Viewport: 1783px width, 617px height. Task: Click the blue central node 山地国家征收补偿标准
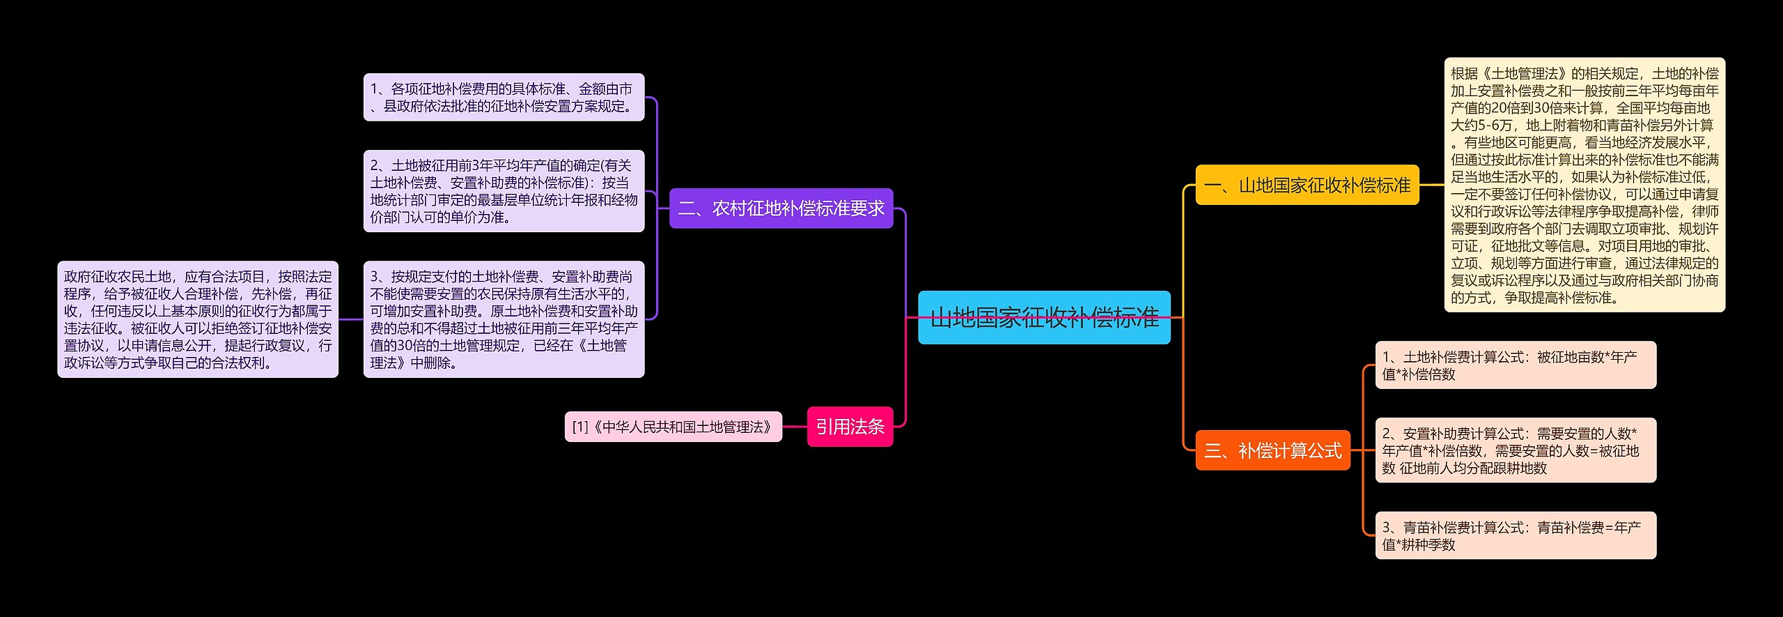tap(1043, 318)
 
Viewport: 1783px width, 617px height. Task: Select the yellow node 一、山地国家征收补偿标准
tap(1307, 185)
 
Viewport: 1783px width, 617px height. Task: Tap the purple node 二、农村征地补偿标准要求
tap(781, 208)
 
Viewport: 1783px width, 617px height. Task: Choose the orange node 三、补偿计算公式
tap(1272, 451)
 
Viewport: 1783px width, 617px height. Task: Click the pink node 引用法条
tap(850, 427)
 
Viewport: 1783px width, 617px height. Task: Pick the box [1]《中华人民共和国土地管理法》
tap(673, 427)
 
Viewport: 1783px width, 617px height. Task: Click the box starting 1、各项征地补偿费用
tap(504, 98)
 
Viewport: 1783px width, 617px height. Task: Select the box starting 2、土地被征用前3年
tap(504, 191)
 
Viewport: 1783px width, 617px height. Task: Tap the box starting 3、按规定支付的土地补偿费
tap(504, 319)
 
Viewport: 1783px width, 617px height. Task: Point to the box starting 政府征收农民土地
tap(198, 319)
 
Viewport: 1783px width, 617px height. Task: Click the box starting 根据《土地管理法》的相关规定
tap(1585, 185)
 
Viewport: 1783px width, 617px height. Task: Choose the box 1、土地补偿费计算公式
tap(1516, 365)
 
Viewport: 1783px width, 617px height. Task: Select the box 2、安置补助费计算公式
tap(1516, 451)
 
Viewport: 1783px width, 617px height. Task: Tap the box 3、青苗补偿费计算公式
tap(1516, 535)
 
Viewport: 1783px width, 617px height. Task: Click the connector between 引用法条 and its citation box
tap(795, 427)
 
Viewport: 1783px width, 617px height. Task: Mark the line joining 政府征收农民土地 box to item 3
tap(350, 319)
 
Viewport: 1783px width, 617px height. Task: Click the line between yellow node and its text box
tap(1431, 185)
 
